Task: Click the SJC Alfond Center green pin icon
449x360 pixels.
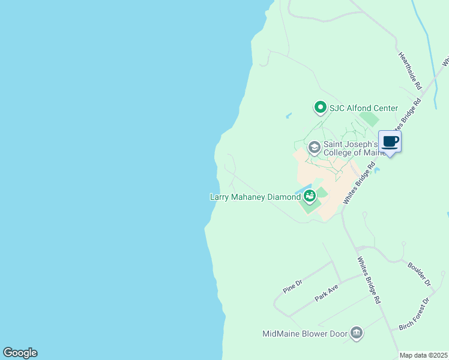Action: click(x=320, y=108)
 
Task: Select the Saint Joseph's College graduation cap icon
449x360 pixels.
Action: click(x=313, y=147)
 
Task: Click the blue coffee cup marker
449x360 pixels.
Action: click(x=390, y=142)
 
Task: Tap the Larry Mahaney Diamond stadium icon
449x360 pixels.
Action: click(x=309, y=196)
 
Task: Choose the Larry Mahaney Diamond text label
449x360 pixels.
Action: click(x=255, y=197)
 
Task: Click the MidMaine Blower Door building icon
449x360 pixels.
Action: click(x=357, y=333)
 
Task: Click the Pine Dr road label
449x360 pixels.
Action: click(x=292, y=286)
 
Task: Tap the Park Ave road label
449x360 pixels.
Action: click(x=327, y=293)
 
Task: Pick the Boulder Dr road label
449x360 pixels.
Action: click(x=419, y=272)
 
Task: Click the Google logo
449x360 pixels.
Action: click(x=20, y=353)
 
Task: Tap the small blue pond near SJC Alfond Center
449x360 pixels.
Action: click(x=289, y=115)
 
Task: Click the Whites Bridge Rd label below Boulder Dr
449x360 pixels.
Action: click(x=369, y=280)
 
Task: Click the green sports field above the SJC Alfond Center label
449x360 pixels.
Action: click(x=370, y=119)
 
